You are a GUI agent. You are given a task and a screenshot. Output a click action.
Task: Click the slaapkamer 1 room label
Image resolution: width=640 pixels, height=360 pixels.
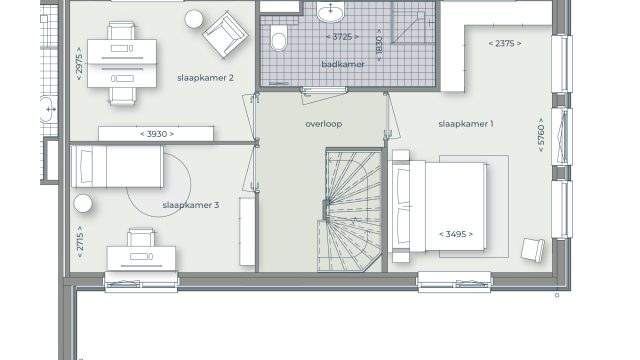pos(466,124)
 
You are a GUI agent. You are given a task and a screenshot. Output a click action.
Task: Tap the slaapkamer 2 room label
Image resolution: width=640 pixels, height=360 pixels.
pos(205,78)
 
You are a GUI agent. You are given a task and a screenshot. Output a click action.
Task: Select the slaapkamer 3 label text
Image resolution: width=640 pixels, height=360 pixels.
pos(191,205)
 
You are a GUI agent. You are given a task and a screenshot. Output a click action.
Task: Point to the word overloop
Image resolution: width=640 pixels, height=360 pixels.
pos(324,124)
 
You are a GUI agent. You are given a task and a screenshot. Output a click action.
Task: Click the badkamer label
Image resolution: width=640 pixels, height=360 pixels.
pos(343,64)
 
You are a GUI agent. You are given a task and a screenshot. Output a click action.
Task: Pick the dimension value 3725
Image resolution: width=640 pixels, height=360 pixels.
pos(342,37)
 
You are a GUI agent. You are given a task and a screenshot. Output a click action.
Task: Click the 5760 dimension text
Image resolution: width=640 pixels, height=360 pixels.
pos(541,135)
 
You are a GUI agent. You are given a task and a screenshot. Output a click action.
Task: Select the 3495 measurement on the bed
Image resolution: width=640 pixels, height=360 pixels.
pos(456,234)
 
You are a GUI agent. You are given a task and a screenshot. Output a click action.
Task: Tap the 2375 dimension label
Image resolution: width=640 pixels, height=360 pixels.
pos(505,43)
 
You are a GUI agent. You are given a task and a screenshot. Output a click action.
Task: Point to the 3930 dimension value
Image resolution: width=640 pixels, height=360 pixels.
pos(157,134)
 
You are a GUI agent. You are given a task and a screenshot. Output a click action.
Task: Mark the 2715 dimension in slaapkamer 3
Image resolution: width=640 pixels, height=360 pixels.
pos(80,242)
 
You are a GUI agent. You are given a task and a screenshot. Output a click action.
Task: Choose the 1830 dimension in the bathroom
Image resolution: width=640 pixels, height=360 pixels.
pos(379,45)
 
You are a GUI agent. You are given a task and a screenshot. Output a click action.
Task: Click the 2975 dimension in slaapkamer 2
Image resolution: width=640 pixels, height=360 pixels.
pos(79,64)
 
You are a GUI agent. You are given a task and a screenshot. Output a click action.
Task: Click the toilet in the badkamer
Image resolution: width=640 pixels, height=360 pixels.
pos(279,38)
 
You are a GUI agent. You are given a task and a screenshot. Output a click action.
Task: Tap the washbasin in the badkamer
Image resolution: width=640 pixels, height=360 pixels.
pos(331,12)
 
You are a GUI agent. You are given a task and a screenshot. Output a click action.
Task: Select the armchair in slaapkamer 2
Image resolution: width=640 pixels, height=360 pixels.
pos(225,35)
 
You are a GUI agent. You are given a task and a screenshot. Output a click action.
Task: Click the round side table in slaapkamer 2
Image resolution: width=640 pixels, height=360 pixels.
pos(193,19)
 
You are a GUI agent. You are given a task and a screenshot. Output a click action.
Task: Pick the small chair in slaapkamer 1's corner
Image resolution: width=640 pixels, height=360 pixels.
pos(533,249)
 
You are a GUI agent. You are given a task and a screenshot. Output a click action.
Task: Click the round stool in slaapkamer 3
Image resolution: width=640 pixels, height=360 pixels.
pos(83,203)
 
